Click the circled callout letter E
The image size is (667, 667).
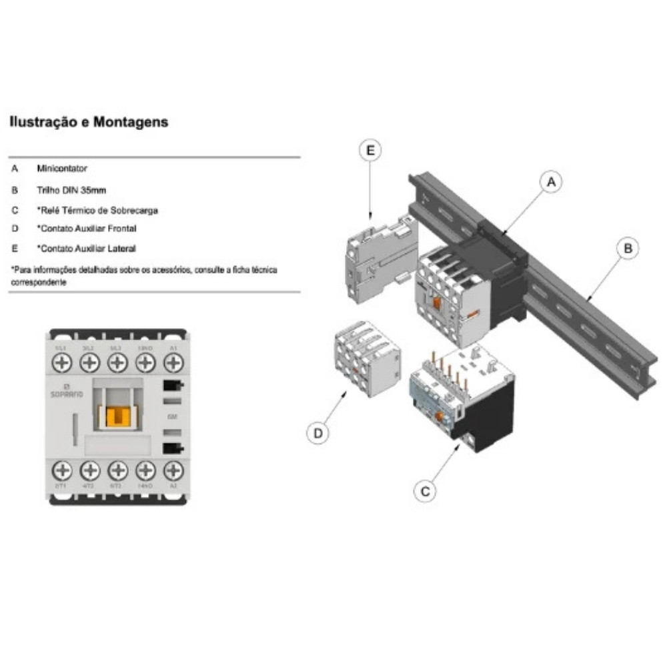[370, 151]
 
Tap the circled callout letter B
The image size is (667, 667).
[626, 249]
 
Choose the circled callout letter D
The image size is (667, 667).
[318, 434]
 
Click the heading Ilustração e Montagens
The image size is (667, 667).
[87, 123]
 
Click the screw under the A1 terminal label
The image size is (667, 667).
[173, 363]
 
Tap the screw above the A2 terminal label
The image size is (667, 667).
[173, 471]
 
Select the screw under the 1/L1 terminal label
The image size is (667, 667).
[61, 363]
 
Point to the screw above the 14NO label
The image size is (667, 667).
[145, 471]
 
